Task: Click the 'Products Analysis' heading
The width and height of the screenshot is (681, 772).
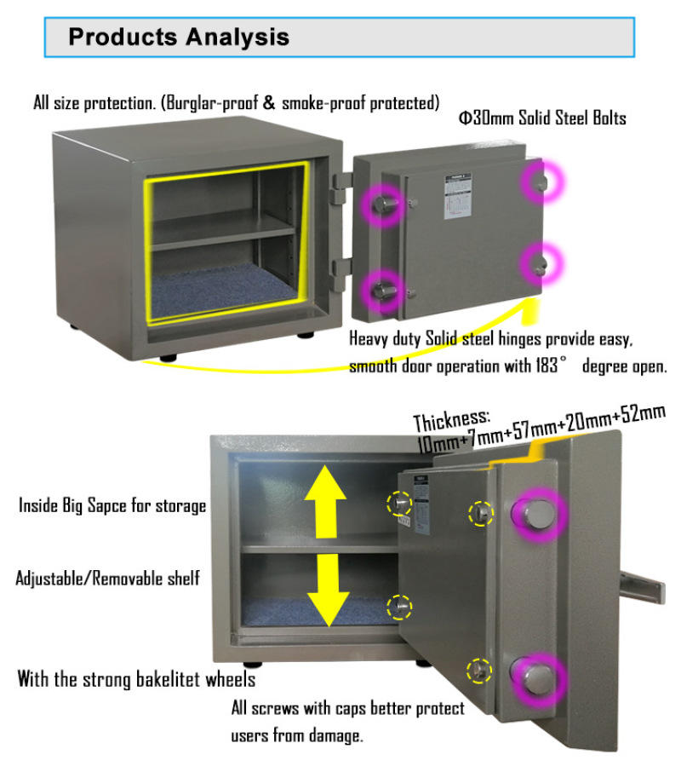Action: pos(179,37)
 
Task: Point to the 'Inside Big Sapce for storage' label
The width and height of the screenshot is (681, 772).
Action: pos(112,505)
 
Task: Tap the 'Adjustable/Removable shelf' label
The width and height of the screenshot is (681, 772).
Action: pos(108,579)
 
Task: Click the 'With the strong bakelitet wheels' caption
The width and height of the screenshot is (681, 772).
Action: pos(136,680)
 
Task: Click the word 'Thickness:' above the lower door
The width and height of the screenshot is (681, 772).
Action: pos(452,420)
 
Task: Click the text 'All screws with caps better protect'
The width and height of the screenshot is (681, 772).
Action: pos(348,708)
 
